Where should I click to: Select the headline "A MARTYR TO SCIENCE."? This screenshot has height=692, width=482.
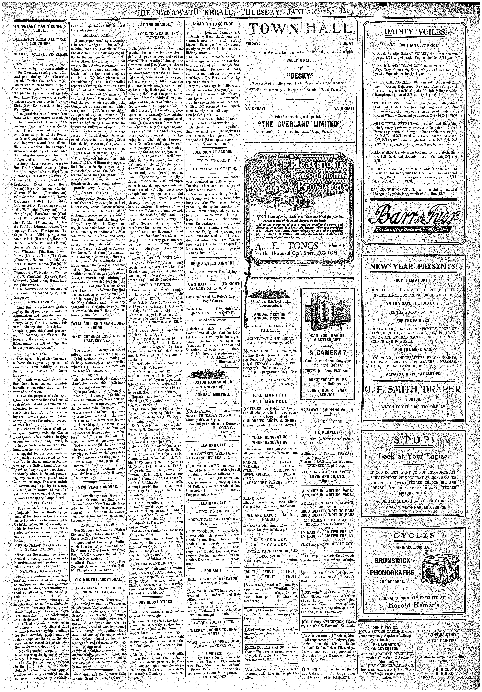(213, 24)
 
